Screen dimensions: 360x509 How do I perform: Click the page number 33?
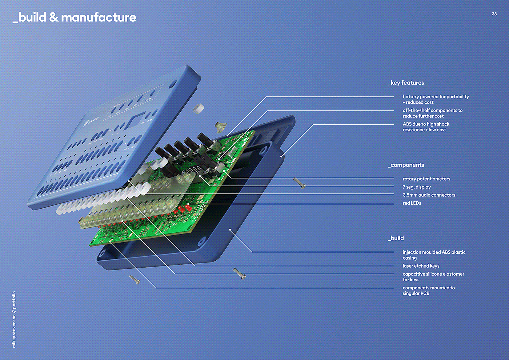pyautogui.click(x=494, y=14)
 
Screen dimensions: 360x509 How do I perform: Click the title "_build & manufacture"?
pyautogui.click(x=75, y=17)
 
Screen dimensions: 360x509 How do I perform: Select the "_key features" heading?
pyautogui.click(x=406, y=83)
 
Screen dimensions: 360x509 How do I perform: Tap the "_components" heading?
pyautogui.click(x=406, y=165)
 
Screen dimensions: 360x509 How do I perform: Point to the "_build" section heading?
pyautogui.click(x=396, y=238)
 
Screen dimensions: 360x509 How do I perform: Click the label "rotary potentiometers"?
pyautogui.click(x=426, y=179)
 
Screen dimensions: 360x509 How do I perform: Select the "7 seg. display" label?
pyautogui.click(x=417, y=187)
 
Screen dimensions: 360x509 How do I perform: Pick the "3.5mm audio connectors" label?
pyautogui.click(x=429, y=195)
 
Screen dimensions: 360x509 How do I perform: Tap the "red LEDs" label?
pyautogui.click(x=412, y=203)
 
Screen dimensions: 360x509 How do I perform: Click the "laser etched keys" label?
pyautogui.click(x=421, y=266)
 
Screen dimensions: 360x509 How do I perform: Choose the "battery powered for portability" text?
pyautogui.click(x=436, y=97)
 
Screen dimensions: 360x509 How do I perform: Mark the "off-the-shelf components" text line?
pyautogui.click(x=432, y=111)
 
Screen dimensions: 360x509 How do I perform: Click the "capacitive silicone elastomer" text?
pyautogui.click(x=433, y=274)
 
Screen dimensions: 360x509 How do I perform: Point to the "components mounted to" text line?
pyautogui.click(x=429, y=288)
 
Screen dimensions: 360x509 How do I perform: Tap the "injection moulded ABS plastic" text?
pyautogui.click(x=434, y=252)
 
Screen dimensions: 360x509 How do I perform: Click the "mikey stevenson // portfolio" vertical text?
pyautogui.click(x=14, y=319)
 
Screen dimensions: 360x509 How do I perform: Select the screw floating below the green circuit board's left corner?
pyautogui.click(x=134, y=279)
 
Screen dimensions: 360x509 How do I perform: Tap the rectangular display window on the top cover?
pyautogui.click(x=135, y=120)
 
